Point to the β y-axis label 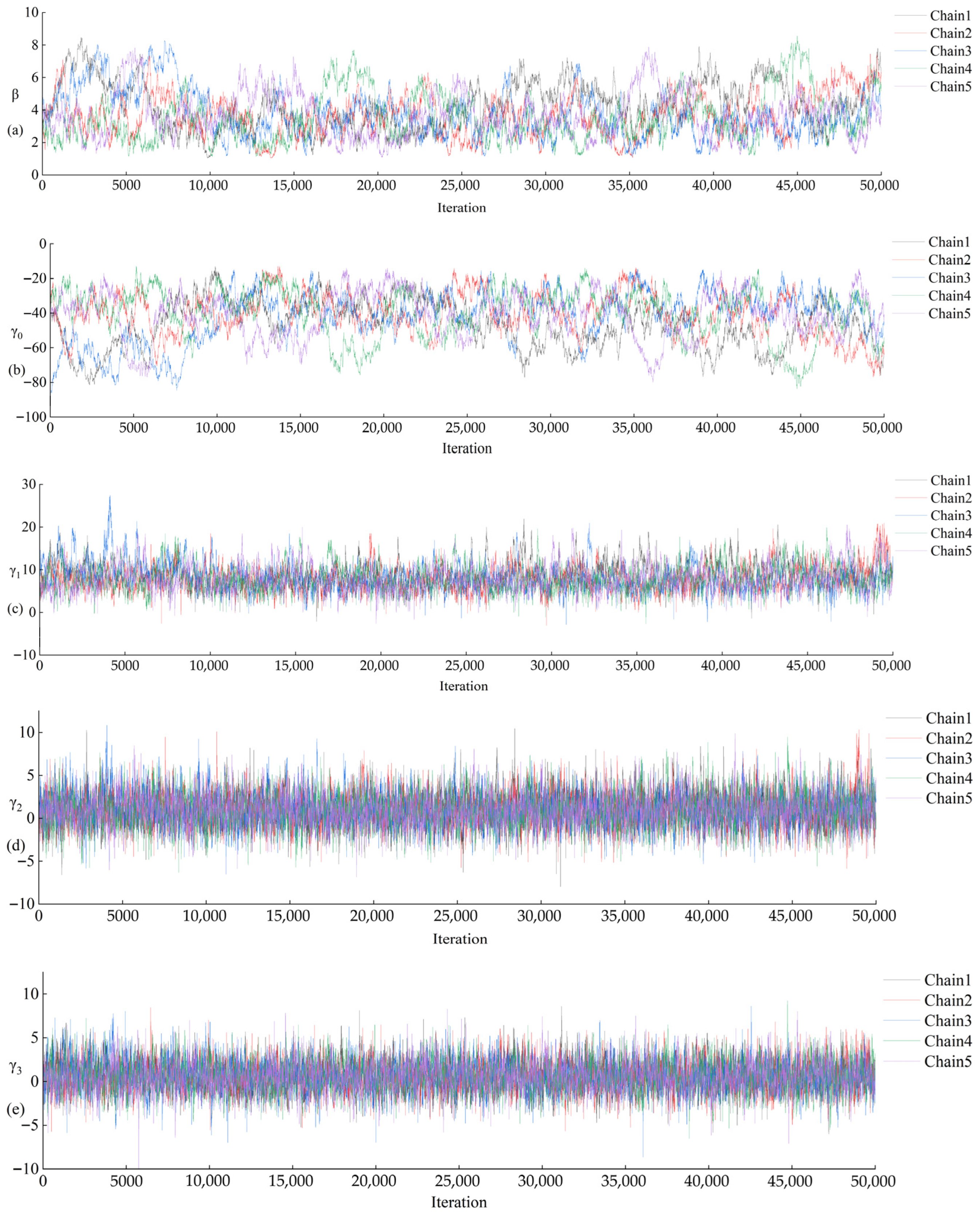coord(15,95)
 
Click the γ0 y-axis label coord(17,333)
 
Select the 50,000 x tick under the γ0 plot coord(882,428)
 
